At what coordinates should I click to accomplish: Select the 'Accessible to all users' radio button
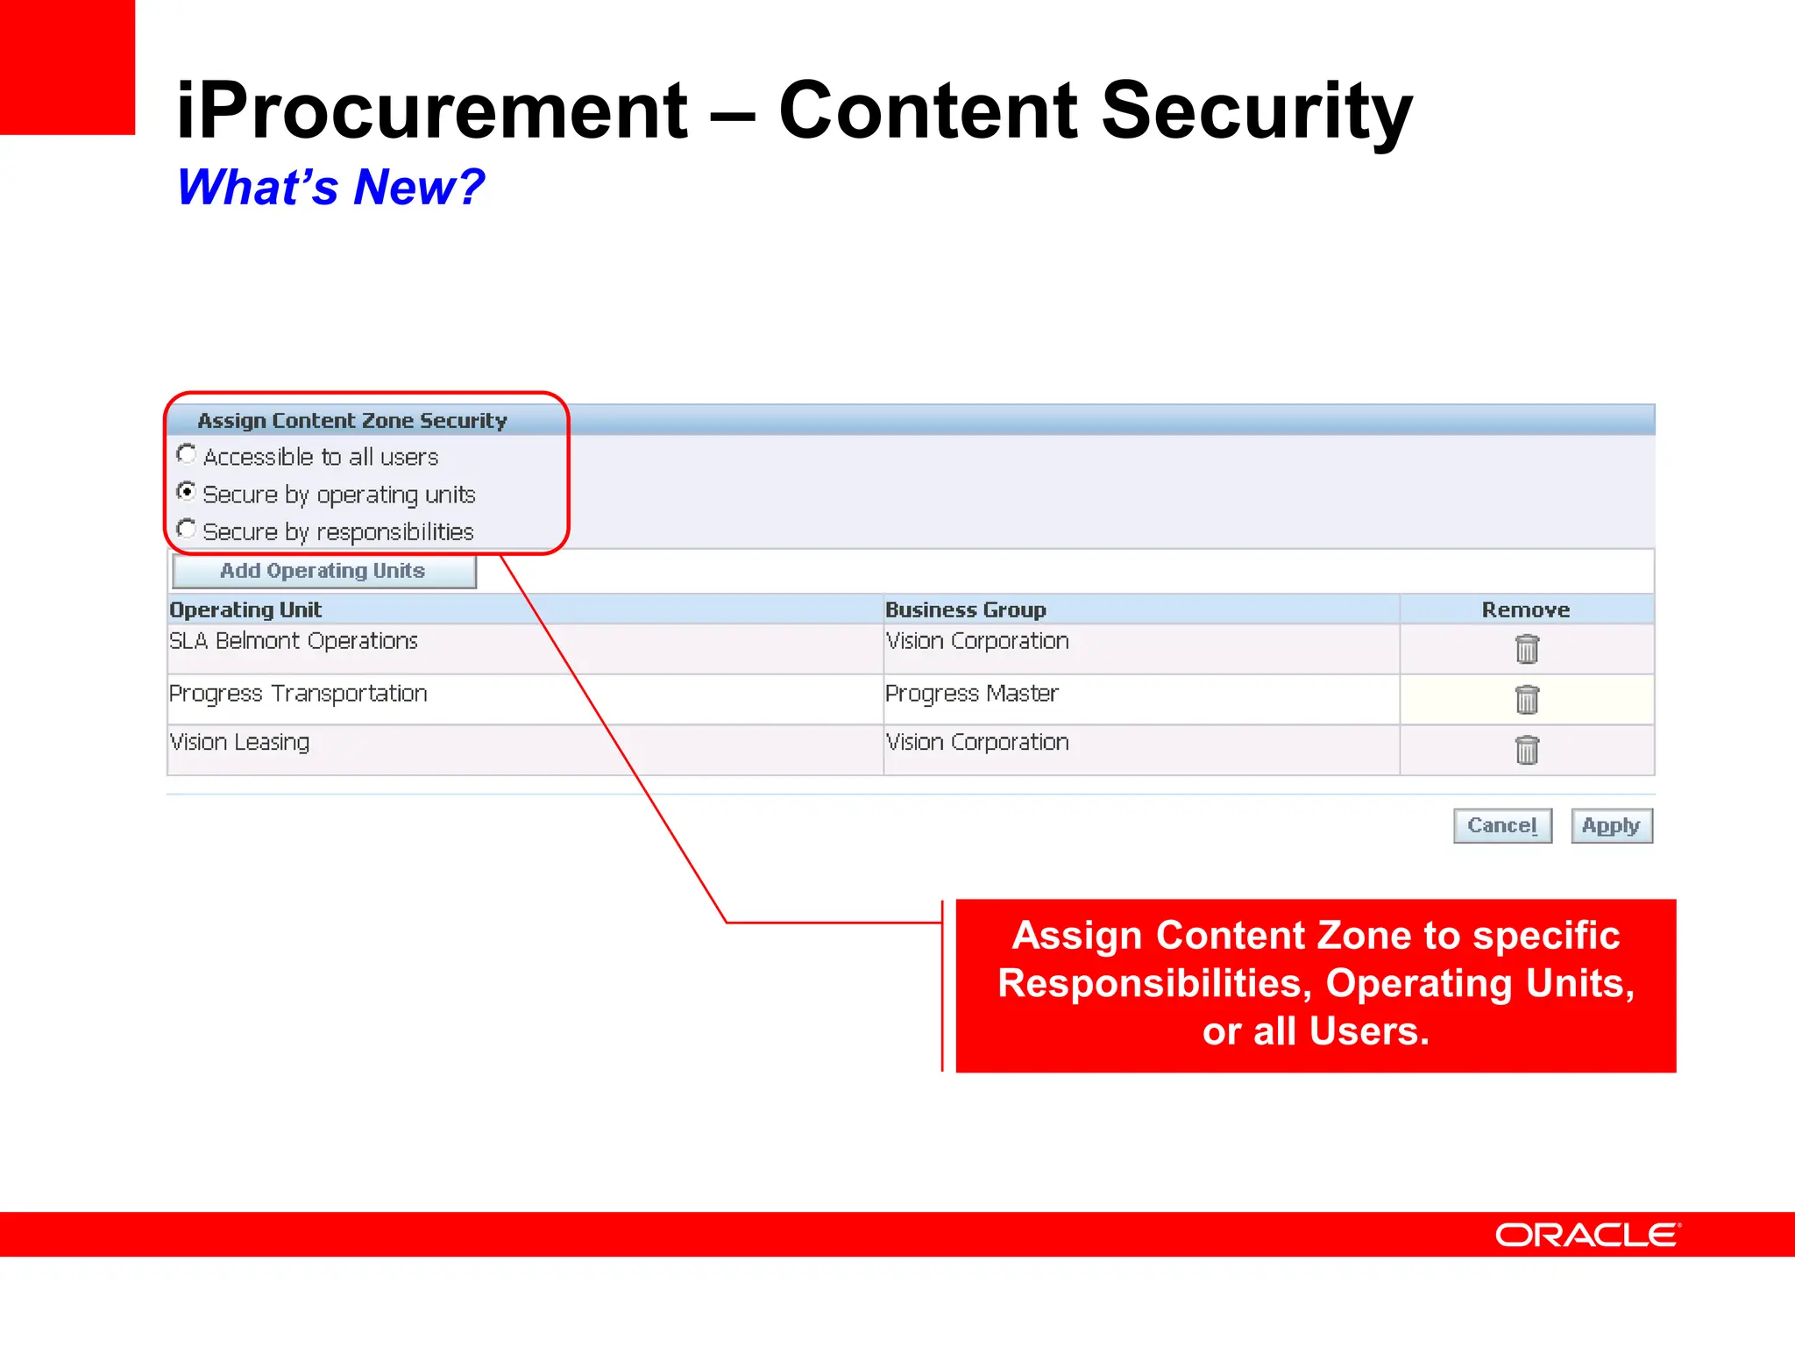(186, 454)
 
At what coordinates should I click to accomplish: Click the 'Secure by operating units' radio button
(186, 492)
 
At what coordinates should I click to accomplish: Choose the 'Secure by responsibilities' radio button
(186, 530)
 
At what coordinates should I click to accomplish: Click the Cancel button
(1501, 825)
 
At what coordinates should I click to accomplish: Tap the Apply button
(1611, 825)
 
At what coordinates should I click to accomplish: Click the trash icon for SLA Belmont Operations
(1527, 649)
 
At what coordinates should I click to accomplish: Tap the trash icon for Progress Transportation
(1527, 700)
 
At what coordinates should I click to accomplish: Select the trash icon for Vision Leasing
(1527, 750)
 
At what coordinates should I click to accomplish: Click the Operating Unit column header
(245, 609)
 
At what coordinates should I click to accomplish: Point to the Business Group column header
(965, 609)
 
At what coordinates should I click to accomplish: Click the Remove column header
(1525, 609)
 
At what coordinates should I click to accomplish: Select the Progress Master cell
(971, 694)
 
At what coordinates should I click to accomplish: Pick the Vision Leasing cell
(239, 743)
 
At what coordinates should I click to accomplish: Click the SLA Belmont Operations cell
(294, 641)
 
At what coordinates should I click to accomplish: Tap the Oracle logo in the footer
(1587, 1235)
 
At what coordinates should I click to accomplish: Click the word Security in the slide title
(1256, 111)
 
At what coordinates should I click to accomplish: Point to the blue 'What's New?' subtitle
(330, 187)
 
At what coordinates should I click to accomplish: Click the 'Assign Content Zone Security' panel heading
(352, 421)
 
